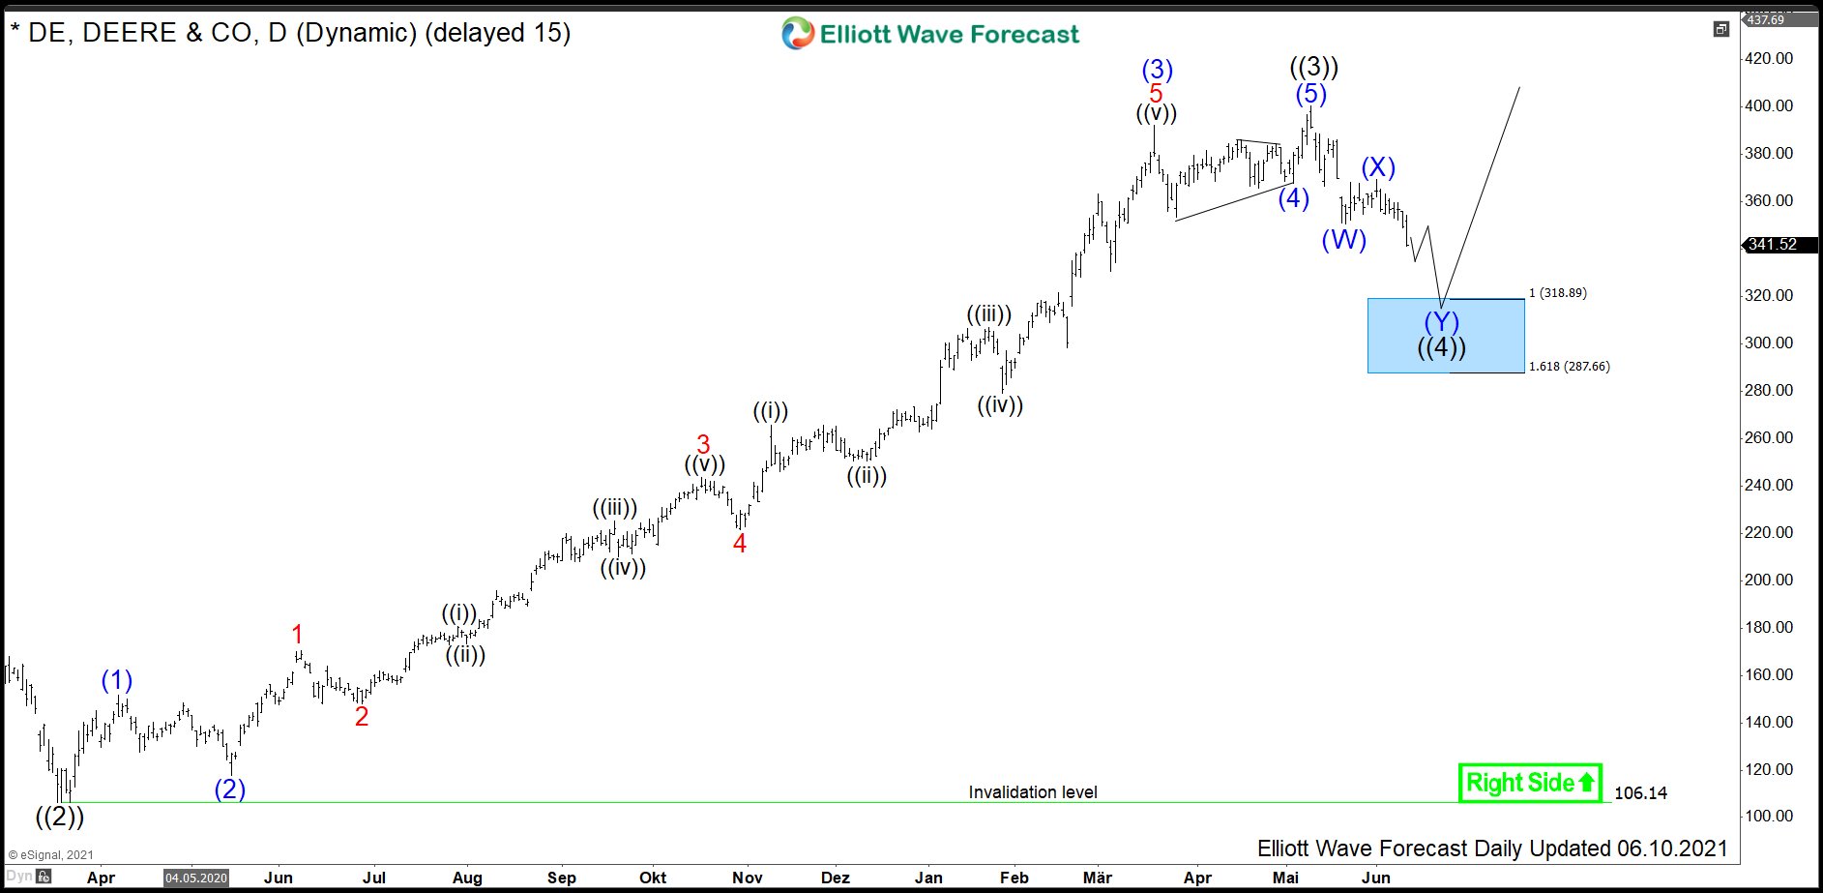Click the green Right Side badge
click(x=1529, y=783)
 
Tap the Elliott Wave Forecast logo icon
click(x=798, y=34)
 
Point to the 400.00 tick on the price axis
click(x=1769, y=105)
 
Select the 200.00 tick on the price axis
click(x=1769, y=580)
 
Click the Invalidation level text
click(x=1032, y=792)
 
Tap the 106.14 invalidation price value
click(x=1640, y=793)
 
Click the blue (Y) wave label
click(x=1441, y=322)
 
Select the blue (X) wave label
click(x=1378, y=167)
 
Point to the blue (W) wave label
click(x=1343, y=240)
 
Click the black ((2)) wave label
click(x=60, y=817)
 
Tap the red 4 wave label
click(x=740, y=544)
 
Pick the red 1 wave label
click(x=297, y=635)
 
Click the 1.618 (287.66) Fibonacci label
click(x=1569, y=367)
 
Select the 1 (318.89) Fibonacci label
click(x=1557, y=293)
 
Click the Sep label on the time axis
click(x=561, y=878)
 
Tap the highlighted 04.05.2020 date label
click(x=196, y=878)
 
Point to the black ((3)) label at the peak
click(x=1314, y=68)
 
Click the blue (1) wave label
click(x=117, y=680)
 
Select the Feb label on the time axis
click(x=1014, y=878)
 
